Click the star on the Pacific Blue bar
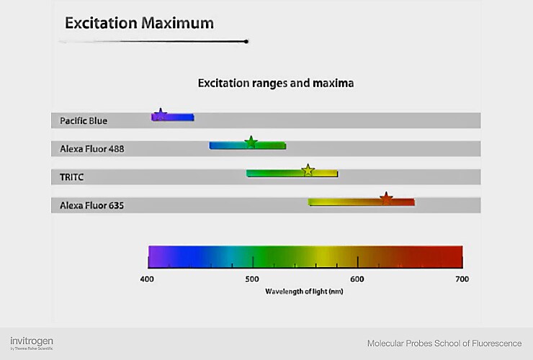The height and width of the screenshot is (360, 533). [x=161, y=113]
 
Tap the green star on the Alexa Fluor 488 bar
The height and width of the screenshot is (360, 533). [x=251, y=142]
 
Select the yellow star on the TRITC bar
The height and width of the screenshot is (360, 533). [x=308, y=171]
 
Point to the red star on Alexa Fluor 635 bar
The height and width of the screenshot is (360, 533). [x=386, y=199]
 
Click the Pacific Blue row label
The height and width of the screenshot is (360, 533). [x=83, y=120]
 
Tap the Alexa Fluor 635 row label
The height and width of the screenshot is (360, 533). [x=92, y=206]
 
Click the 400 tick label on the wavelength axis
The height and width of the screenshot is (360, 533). [x=147, y=279]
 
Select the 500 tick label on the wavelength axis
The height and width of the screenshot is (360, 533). [x=252, y=279]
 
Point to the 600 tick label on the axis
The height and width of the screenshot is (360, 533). [x=357, y=279]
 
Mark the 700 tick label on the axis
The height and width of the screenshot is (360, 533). [x=462, y=279]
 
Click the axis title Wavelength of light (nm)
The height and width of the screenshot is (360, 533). [x=304, y=292]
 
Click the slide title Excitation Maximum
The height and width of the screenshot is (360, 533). [x=139, y=23]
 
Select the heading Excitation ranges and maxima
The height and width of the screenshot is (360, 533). [x=276, y=84]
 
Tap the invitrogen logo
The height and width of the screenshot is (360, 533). [x=32, y=342]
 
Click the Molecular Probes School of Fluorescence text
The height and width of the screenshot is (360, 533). [x=444, y=343]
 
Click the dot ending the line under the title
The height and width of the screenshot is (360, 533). [x=247, y=42]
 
